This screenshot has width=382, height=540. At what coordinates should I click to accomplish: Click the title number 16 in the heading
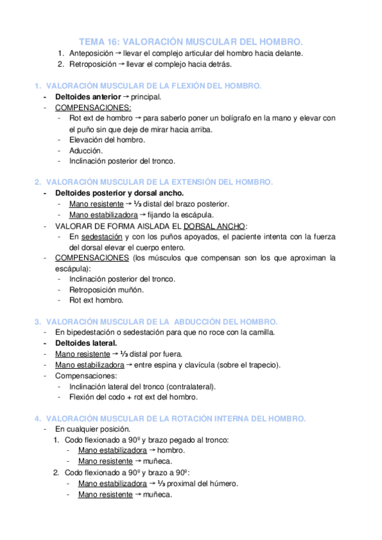coord(114,39)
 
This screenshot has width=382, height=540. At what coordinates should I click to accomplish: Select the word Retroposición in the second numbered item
coord(92,64)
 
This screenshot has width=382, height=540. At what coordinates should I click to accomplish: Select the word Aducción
coord(85,150)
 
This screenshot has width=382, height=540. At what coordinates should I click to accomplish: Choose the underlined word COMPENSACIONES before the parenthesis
coord(92,258)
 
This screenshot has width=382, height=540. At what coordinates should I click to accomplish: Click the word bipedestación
coord(94,332)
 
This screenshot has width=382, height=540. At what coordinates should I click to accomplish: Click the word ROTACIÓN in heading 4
coord(195,418)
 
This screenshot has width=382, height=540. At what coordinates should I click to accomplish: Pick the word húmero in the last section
coord(223,483)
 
